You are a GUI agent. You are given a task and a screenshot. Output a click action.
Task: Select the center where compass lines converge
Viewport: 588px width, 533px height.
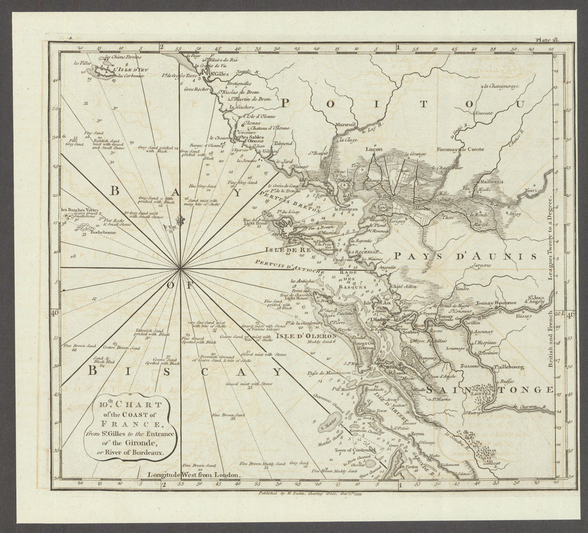point(181,269)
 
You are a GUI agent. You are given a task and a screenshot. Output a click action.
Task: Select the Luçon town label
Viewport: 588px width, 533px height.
point(374,149)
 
